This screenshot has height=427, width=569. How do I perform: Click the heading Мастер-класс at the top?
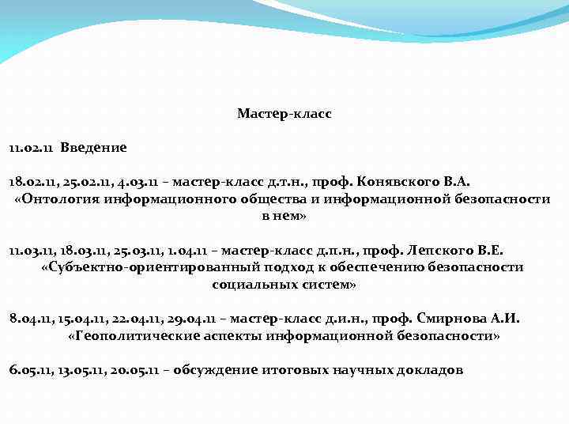click(x=284, y=114)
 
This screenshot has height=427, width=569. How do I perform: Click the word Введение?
click(x=93, y=147)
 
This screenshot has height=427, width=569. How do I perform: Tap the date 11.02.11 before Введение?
click(x=31, y=147)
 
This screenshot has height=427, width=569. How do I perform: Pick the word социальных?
click(x=249, y=284)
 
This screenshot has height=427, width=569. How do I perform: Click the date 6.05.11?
click(x=28, y=370)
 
